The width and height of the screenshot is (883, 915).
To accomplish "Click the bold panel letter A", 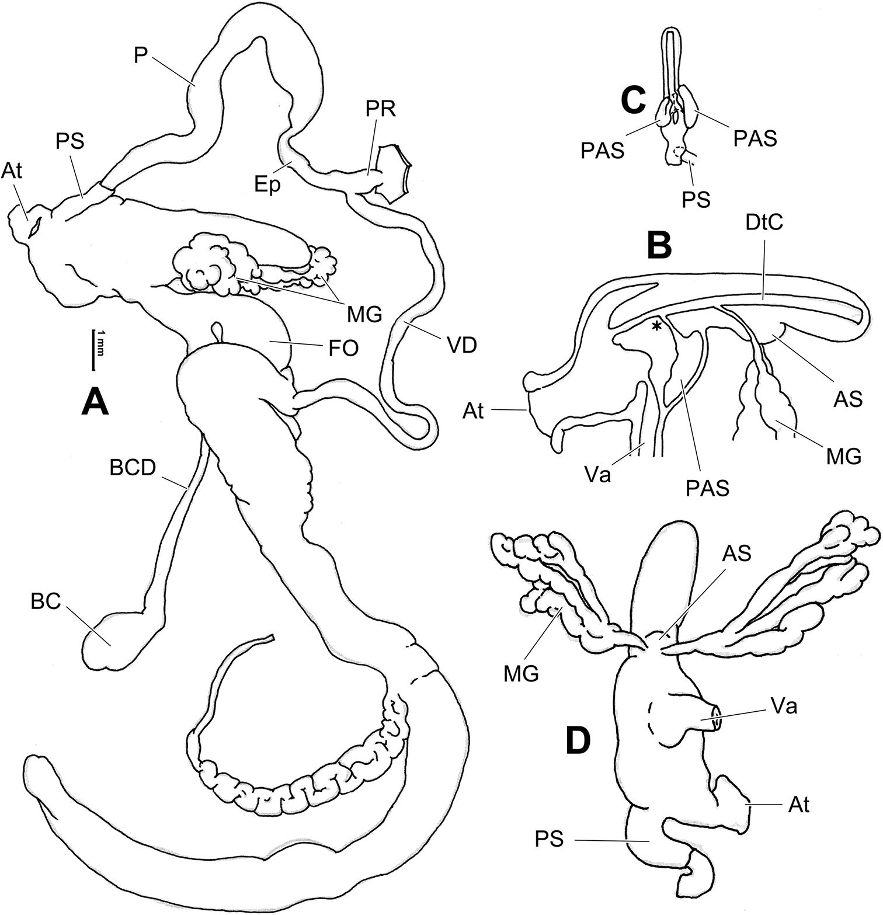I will click(96, 402).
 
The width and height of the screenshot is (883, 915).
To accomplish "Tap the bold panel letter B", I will click(659, 247).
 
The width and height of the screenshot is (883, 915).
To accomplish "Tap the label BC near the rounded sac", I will click(47, 603).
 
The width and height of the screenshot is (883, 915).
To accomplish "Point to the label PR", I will click(383, 109).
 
